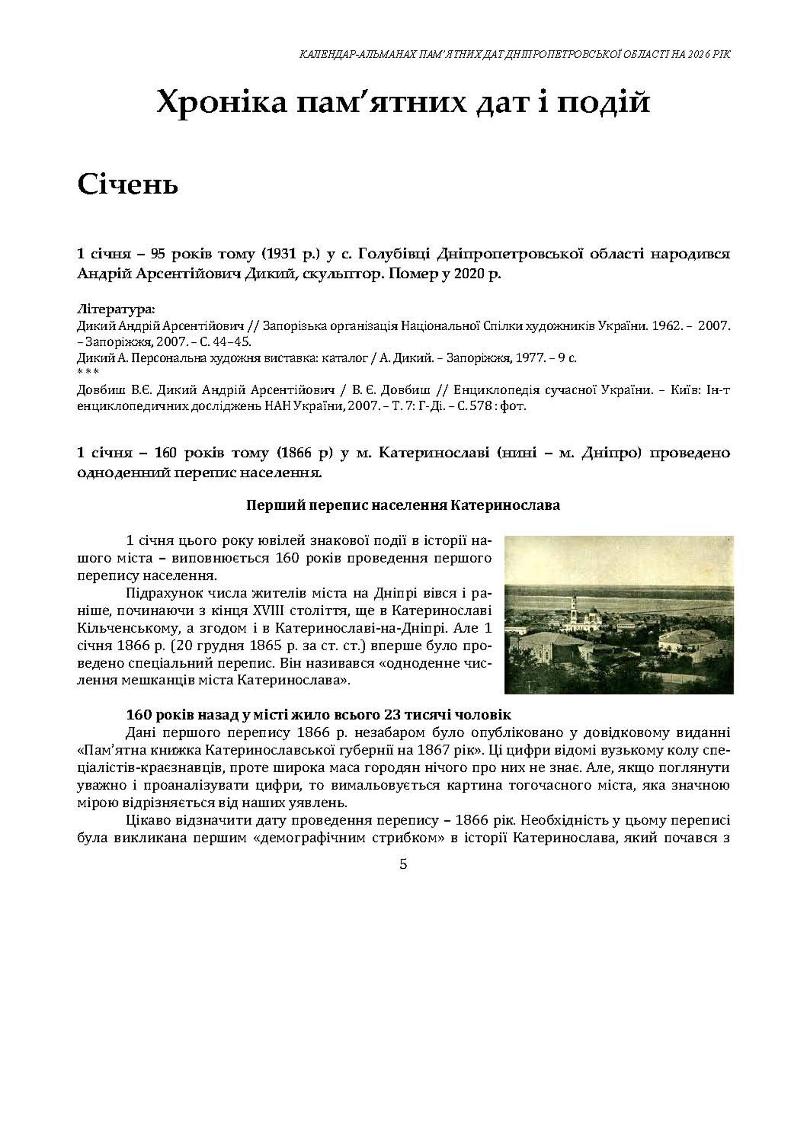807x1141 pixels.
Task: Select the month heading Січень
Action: pos(128,185)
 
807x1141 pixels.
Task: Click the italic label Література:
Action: pos(116,310)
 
